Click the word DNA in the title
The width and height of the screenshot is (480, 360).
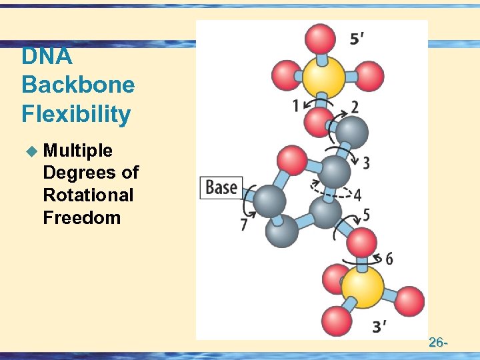point(47,57)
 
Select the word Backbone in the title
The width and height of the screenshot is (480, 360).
point(78,85)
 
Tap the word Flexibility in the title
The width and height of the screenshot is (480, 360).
point(76,115)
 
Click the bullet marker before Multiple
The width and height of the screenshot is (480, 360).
point(30,151)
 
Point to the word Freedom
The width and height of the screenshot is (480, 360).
point(81,217)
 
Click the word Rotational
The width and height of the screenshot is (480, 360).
point(88,195)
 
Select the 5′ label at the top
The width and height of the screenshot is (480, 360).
point(357,39)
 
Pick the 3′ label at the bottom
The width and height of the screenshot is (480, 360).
point(379,327)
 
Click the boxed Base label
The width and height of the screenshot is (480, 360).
point(221,187)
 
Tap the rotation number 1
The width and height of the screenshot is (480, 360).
point(295,106)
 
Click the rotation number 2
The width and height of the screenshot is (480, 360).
point(355,107)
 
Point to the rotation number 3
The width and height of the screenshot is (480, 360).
point(366,162)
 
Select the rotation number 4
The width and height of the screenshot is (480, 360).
point(357,195)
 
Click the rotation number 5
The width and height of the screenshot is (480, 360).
point(366,215)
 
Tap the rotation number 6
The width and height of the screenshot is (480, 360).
point(389,259)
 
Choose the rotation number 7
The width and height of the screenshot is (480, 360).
point(244,225)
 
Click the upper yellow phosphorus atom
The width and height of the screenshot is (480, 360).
point(323,77)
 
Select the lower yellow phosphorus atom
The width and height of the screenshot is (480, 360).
point(363,287)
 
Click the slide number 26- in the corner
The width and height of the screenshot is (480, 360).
point(437,343)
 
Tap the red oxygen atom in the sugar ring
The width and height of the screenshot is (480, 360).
point(291,160)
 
